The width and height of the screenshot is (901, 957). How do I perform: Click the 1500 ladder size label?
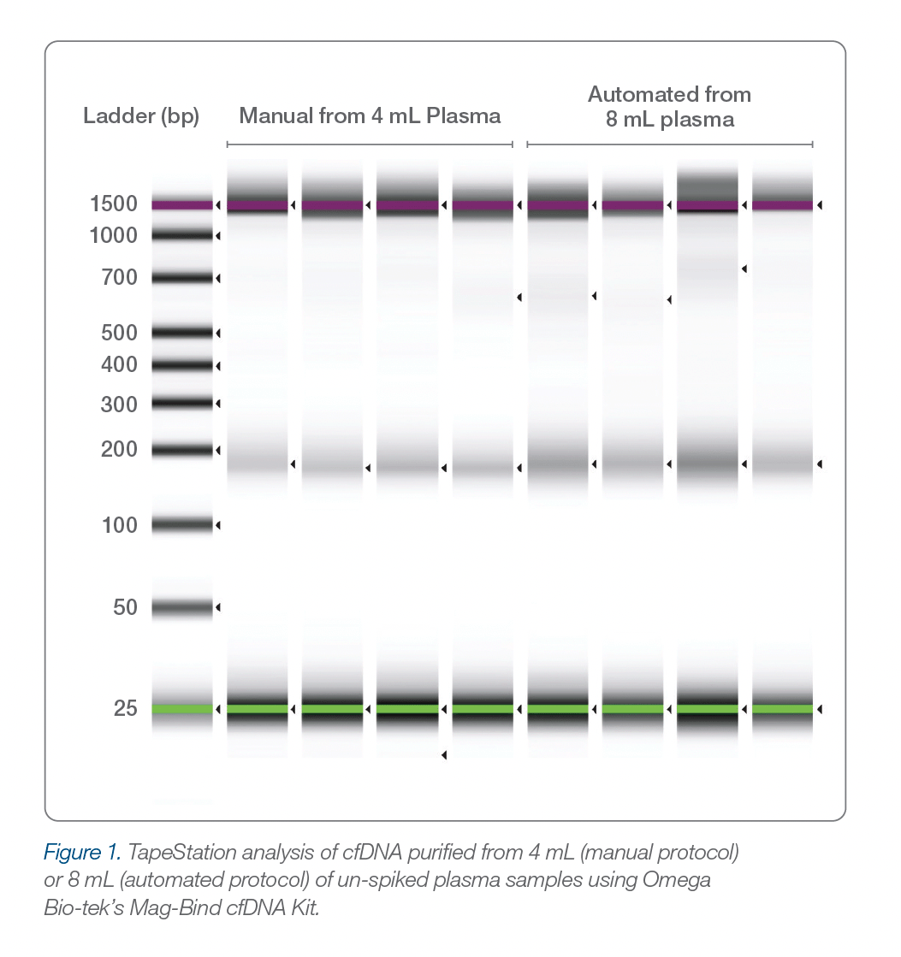(x=113, y=204)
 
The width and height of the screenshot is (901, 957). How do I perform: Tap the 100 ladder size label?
(x=119, y=525)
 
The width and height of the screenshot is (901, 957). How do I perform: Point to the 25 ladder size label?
(x=125, y=708)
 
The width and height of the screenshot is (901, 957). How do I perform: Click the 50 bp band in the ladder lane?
(x=182, y=607)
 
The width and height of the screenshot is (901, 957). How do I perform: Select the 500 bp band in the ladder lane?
(x=182, y=332)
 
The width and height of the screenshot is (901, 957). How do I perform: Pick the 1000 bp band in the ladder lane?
(x=182, y=234)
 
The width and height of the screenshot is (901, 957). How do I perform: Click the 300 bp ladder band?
(x=182, y=402)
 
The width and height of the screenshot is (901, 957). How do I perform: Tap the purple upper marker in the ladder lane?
(x=182, y=205)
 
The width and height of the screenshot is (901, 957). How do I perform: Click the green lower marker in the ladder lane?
(x=182, y=709)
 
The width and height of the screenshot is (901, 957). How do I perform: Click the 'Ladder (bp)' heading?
(x=141, y=116)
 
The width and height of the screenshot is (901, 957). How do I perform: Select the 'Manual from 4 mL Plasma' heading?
(x=370, y=115)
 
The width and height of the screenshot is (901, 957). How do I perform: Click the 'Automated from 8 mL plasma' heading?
(x=669, y=106)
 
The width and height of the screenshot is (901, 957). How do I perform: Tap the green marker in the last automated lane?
(x=782, y=709)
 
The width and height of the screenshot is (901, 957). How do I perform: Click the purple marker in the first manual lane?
(x=258, y=205)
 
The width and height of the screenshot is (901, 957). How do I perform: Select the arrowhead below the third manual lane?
(x=443, y=754)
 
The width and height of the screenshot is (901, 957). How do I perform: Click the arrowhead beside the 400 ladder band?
(x=218, y=366)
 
